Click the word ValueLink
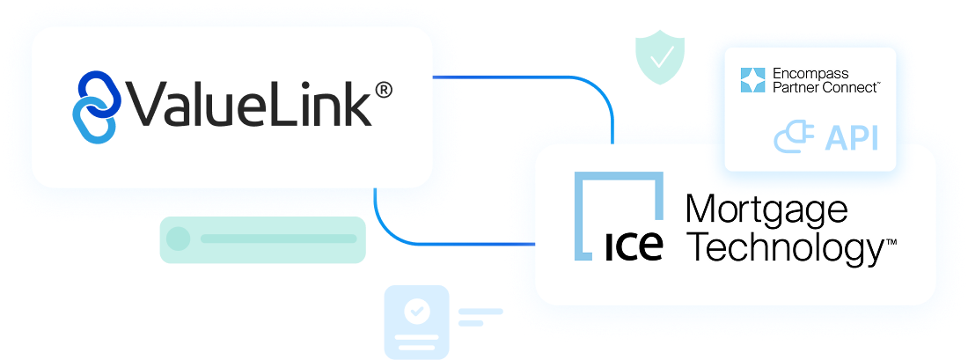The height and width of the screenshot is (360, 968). pos(249,106)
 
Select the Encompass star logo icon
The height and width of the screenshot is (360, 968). pos(754,80)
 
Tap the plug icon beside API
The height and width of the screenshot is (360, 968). pos(794,138)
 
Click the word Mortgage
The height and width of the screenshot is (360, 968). pos(766,211)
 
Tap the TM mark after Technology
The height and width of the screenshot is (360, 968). pos(891,239)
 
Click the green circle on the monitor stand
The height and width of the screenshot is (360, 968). pos(179,239)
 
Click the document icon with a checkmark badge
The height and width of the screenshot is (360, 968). pos(417,322)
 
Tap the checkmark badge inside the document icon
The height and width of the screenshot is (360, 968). pos(416,311)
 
